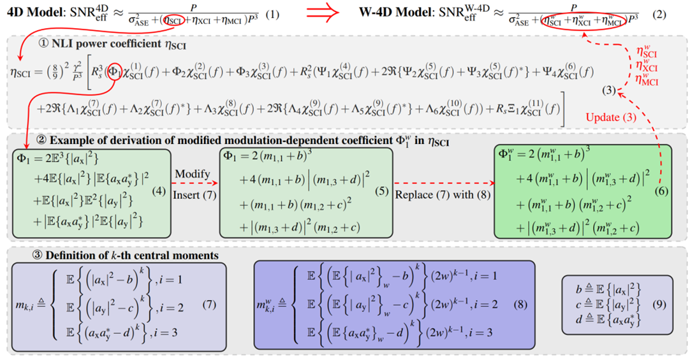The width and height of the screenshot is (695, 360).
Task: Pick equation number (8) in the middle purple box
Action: point(522,304)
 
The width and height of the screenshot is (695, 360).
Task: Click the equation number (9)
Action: point(661,304)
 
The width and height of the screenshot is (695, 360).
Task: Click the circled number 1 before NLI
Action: point(43,45)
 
